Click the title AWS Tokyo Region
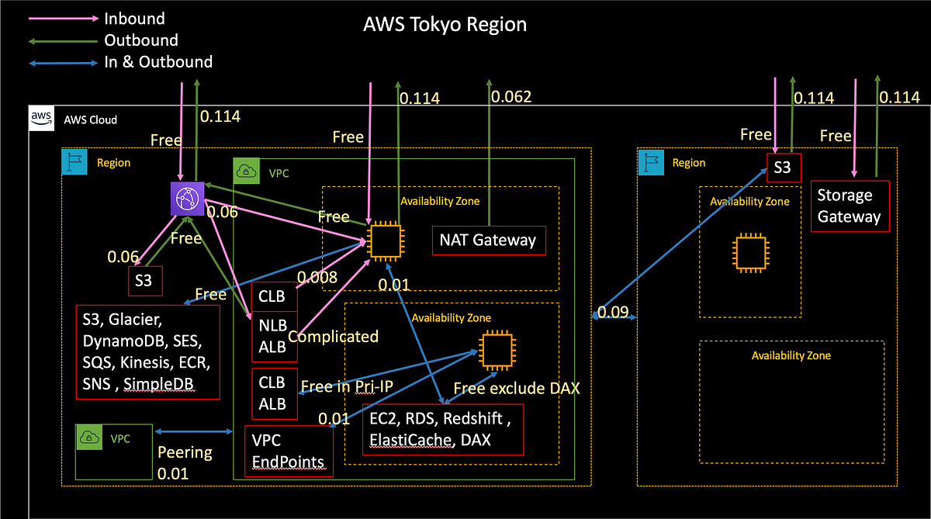click(x=445, y=24)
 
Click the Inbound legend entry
click(x=134, y=17)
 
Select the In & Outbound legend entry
click(x=157, y=61)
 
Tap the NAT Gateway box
click(x=489, y=240)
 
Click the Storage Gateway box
click(x=849, y=206)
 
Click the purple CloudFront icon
click(x=186, y=199)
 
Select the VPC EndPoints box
click(x=289, y=451)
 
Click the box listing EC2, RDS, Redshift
click(x=443, y=429)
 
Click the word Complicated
click(x=333, y=337)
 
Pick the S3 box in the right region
click(x=783, y=168)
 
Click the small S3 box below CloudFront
click(x=145, y=281)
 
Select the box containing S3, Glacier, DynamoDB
click(x=147, y=352)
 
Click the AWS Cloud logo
click(x=41, y=119)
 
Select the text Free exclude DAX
click(x=516, y=388)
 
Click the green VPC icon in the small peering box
click(x=92, y=438)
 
